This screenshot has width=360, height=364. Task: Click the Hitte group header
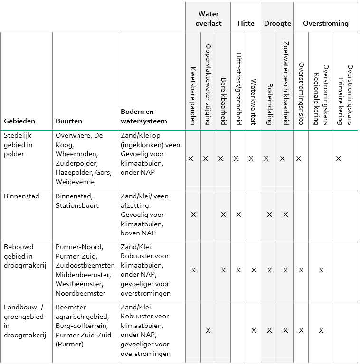246,23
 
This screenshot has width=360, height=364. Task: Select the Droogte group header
277,23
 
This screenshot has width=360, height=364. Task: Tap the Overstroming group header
326,23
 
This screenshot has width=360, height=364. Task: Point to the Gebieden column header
19,121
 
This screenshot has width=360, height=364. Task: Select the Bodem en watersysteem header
138,116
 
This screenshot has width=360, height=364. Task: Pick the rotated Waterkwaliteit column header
254,102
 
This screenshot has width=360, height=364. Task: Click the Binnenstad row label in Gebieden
21,196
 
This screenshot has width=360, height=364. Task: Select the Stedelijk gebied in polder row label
18,144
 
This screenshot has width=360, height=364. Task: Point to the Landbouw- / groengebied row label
24,321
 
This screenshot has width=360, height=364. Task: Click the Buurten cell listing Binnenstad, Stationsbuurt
78,201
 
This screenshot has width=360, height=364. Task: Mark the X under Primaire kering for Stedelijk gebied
338,159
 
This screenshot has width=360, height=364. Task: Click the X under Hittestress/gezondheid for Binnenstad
238,215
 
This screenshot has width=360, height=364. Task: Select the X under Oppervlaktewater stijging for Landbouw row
208,330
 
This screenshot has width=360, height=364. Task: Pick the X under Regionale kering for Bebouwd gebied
321,270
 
